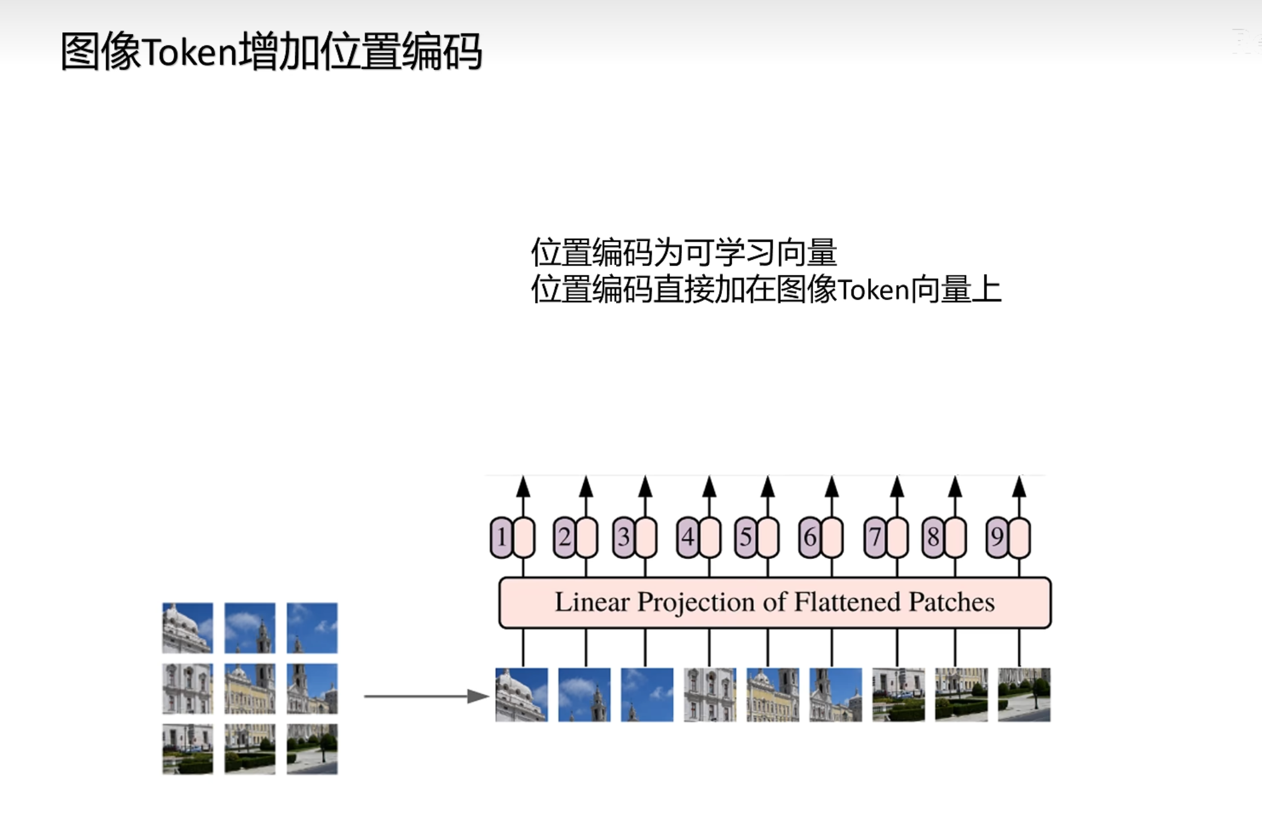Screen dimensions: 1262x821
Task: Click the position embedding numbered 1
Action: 501,537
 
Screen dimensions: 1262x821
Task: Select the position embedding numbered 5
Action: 745,537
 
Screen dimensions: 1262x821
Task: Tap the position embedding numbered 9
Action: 997,537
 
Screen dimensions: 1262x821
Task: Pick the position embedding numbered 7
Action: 875,537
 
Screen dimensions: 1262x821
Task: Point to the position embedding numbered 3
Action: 623,537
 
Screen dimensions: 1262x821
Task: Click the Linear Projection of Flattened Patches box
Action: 775,603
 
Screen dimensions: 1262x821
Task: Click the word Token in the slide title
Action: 190,53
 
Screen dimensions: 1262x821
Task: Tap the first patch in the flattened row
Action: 521,695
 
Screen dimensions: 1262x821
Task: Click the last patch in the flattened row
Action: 1024,695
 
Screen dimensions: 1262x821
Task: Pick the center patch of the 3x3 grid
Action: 250,688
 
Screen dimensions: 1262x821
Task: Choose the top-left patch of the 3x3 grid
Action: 187,628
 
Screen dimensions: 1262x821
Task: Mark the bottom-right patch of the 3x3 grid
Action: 312,749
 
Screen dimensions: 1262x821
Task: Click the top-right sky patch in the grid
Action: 312,628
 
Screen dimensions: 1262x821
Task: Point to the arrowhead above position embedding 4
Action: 709,486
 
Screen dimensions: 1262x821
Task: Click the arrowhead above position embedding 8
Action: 955,486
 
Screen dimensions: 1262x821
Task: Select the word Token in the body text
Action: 873,290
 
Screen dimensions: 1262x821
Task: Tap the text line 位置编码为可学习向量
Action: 684,252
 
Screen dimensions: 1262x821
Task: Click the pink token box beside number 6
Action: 832,537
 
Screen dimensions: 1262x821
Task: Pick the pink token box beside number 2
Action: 586,537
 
